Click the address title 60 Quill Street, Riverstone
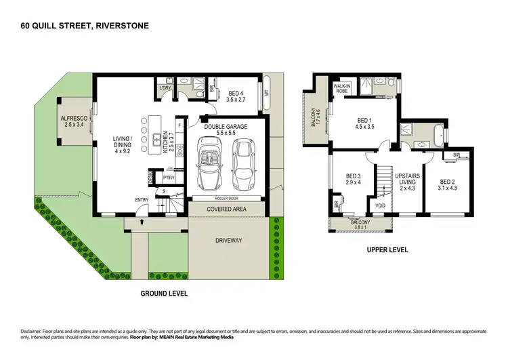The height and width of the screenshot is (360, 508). click(84, 26)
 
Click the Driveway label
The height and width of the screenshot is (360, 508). click(228, 240)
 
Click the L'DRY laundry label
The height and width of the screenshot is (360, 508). click(164, 89)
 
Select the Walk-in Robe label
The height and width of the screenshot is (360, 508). click(341, 89)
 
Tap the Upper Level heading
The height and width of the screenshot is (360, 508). click(387, 250)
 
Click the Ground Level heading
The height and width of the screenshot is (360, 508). click(163, 294)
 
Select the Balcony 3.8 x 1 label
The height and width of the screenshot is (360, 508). click(360, 224)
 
